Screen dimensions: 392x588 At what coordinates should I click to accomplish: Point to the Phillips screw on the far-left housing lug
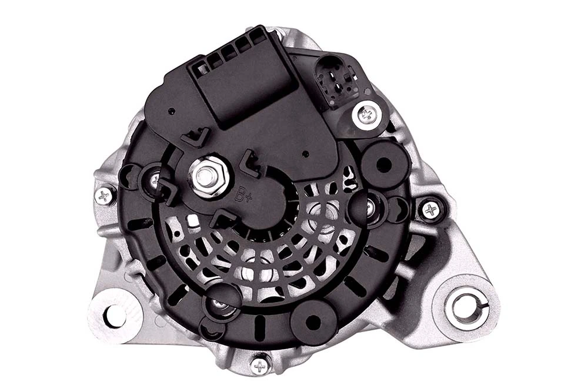point(105,196)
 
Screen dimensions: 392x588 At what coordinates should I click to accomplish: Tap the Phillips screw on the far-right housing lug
point(431,209)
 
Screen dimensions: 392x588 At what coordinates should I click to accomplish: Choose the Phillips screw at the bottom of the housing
point(259,365)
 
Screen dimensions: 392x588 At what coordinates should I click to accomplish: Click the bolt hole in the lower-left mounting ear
point(114,316)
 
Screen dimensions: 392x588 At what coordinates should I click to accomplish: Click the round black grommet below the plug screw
point(385,163)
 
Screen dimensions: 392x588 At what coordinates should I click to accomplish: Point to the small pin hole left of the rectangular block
point(170,111)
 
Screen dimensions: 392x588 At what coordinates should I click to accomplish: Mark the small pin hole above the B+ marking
point(305,154)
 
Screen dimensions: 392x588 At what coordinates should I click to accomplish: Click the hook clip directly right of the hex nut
point(251,165)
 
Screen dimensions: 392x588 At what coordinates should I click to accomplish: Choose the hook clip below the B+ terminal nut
point(223,219)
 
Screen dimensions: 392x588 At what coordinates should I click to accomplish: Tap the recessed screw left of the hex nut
point(154,179)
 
